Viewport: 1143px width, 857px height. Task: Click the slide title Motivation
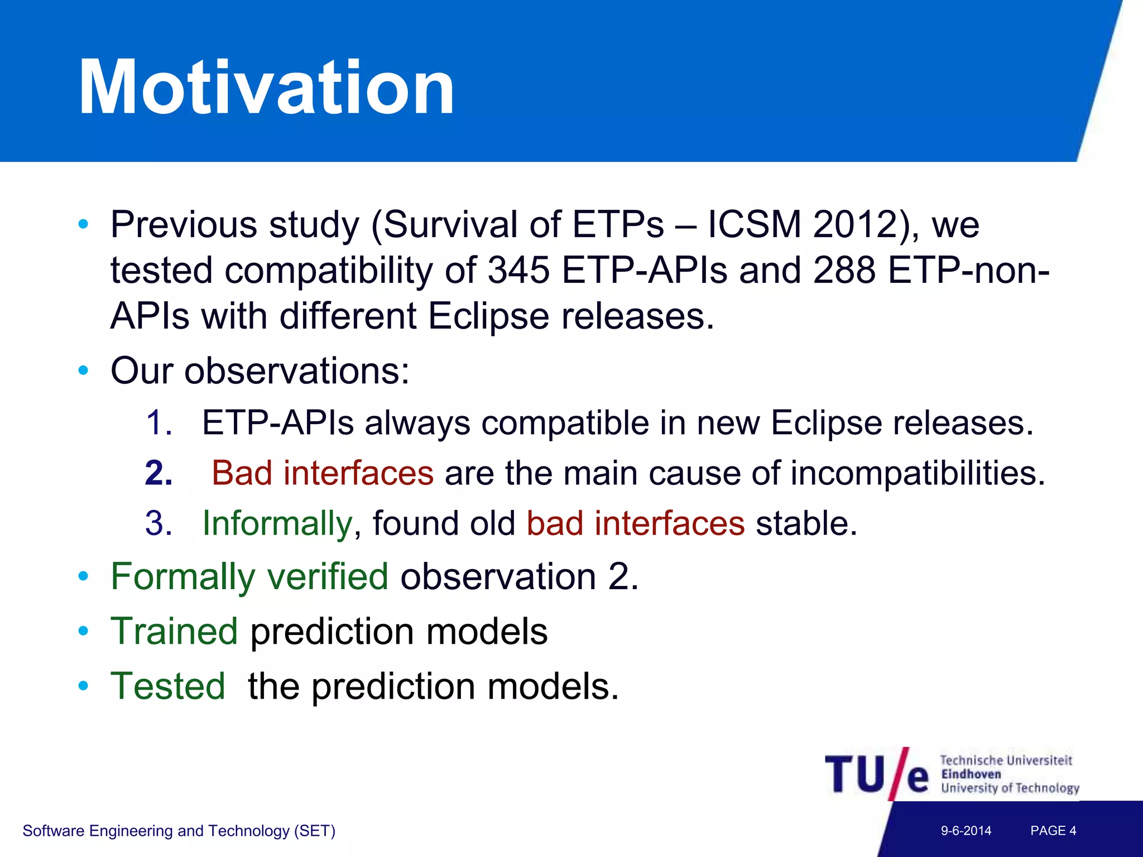tap(267, 88)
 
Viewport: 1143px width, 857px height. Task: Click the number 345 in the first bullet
tap(518, 271)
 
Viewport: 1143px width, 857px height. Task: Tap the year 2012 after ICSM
tap(854, 225)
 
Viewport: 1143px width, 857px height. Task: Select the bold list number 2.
tap(159, 474)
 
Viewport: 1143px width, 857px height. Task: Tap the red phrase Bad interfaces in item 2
tap(323, 474)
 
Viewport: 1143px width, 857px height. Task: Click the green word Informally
tap(277, 524)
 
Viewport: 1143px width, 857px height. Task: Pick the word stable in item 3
tap(805, 524)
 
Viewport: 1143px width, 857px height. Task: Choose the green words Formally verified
tap(249, 576)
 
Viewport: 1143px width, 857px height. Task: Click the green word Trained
tap(175, 632)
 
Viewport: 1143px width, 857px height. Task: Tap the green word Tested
tap(168, 686)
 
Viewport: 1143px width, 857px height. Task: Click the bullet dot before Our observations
tap(84, 370)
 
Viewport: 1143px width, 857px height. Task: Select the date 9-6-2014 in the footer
tap(966, 831)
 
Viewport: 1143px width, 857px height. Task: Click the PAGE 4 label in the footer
tap(1053, 831)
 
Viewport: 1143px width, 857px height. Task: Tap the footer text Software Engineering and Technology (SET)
tap(179, 831)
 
